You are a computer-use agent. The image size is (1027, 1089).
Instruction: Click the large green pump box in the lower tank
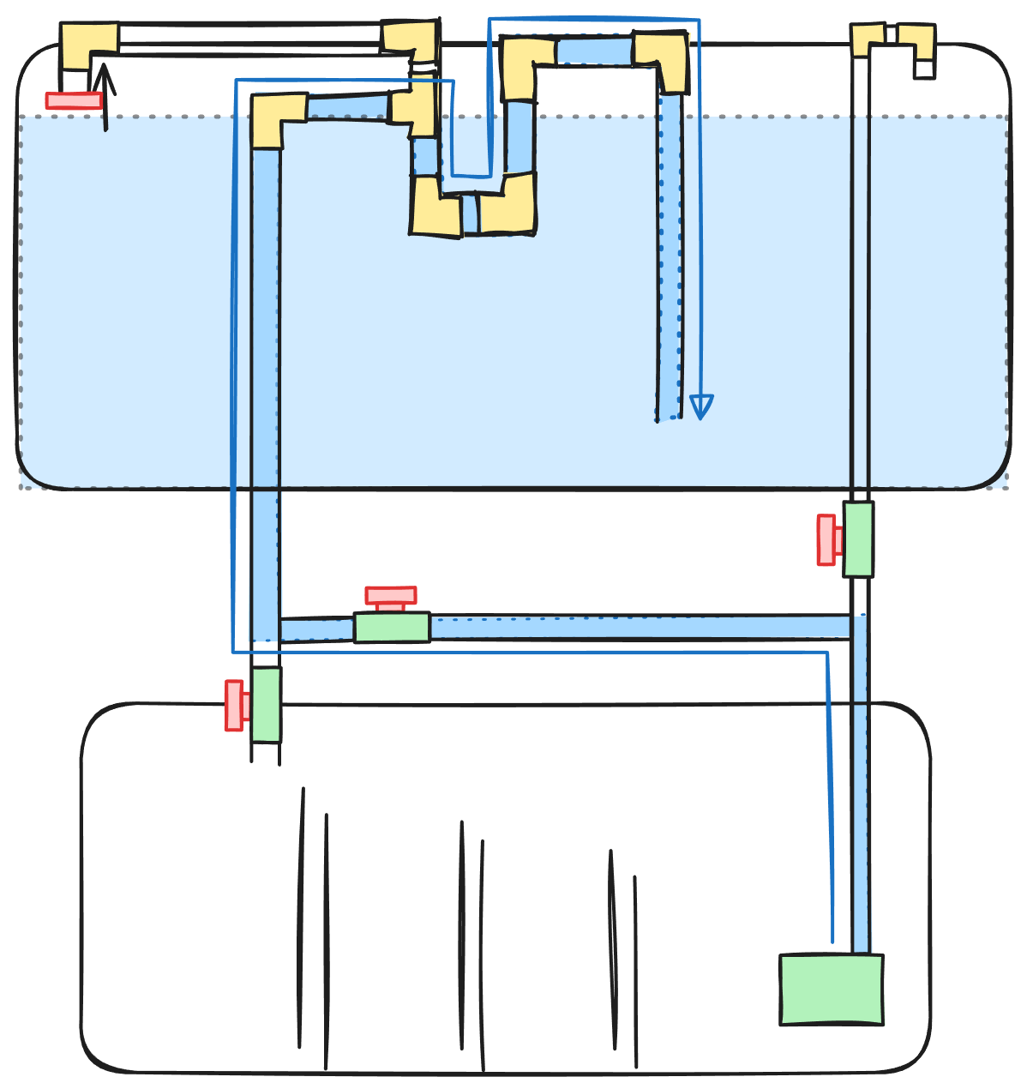click(x=831, y=989)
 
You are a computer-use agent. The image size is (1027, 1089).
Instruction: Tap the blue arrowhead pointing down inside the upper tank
click(x=701, y=406)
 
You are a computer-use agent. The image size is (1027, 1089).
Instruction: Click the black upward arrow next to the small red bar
click(x=105, y=94)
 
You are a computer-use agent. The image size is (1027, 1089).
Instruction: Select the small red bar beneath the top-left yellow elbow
click(x=74, y=100)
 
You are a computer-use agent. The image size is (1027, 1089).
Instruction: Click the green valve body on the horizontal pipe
click(x=392, y=627)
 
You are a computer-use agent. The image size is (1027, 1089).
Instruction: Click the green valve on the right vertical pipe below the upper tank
click(x=858, y=539)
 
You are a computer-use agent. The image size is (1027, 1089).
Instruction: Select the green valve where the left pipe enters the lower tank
click(x=266, y=704)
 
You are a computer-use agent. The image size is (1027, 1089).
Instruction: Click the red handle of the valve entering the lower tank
click(x=236, y=705)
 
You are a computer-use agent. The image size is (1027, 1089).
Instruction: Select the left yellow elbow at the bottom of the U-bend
click(x=434, y=208)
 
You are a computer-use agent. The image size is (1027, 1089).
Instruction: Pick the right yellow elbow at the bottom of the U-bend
click(x=509, y=206)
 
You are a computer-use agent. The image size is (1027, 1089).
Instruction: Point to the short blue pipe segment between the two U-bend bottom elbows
click(x=470, y=214)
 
